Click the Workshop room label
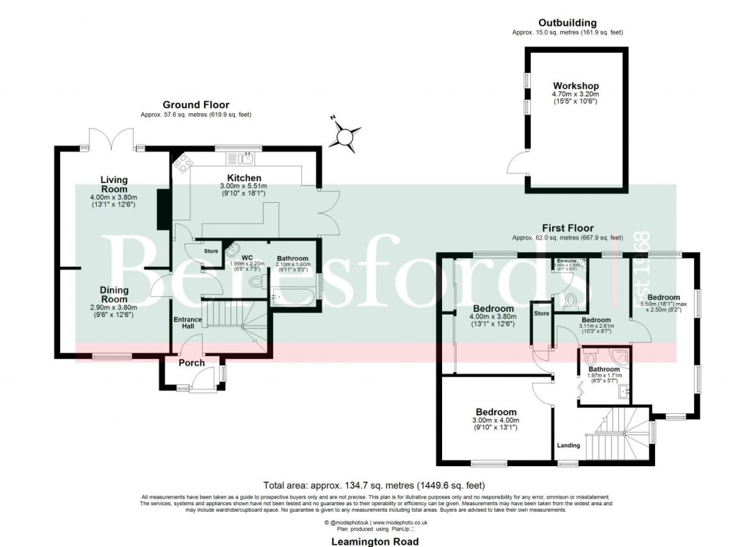tap(576, 86)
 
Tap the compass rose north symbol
tap(345, 136)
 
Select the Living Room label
tap(114, 185)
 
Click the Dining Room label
tap(114, 295)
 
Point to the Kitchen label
tap(244, 178)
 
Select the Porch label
tap(192, 362)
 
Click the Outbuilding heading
tap(567, 23)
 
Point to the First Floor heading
tap(568, 228)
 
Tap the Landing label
tap(568, 445)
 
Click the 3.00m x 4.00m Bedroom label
tap(496, 412)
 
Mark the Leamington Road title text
tap(375, 541)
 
